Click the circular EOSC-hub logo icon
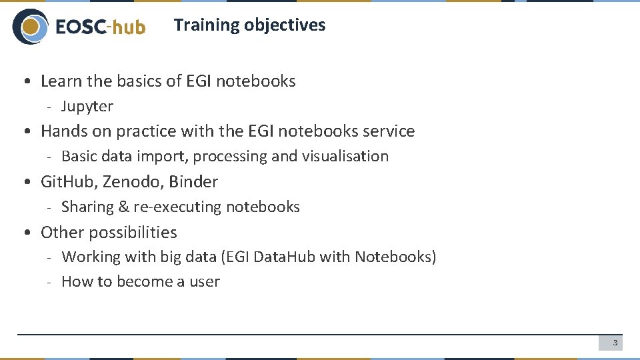(30, 27)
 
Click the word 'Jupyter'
(87, 107)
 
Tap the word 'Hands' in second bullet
(62, 131)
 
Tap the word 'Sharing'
(87, 207)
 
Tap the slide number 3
(615, 343)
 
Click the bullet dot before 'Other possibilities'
(25, 233)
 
